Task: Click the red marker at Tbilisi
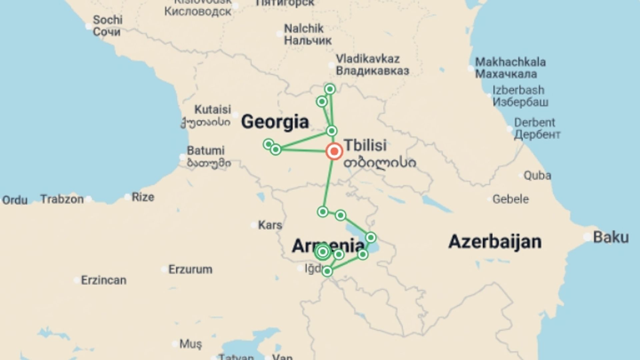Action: [334, 151]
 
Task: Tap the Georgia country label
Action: [275, 122]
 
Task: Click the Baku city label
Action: [611, 237]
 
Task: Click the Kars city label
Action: [270, 225]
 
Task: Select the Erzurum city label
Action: [190, 269]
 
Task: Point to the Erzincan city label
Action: [104, 280]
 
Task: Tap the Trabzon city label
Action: [62, 199]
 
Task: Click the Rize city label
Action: [143, 197]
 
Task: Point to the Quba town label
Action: [537, 175]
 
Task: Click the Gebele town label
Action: [510, 199]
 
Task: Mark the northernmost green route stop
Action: [330, 89]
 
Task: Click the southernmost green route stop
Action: [327, 271]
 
